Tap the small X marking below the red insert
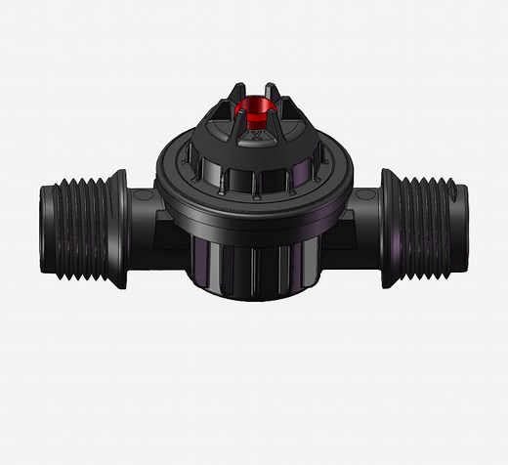tap(256, 139)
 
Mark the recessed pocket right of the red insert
tap(287, 122)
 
